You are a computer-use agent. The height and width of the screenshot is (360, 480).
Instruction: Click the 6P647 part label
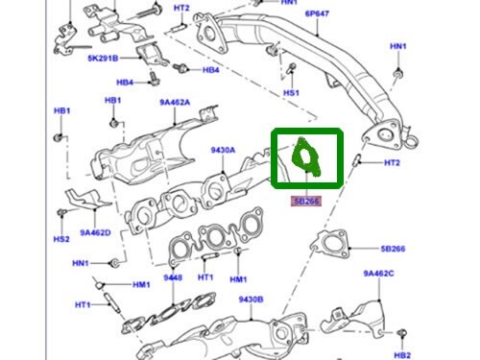(x=291, y=15)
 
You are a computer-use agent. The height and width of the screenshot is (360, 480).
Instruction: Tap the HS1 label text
(x=291, y=93)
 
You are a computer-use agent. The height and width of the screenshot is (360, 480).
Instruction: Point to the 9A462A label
(x=174, y=101)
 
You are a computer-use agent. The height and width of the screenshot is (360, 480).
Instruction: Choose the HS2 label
(x=60, y=238)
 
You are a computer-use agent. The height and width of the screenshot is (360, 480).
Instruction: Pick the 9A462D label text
(x=95, y=231)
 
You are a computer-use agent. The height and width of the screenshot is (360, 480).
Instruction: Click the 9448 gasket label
(x=172, y=278)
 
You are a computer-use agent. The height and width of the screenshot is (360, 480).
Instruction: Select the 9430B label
(x=252, y=300)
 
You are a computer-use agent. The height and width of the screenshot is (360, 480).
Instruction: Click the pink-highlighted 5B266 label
(x=308, y=201)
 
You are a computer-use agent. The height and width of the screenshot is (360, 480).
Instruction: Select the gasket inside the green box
(x=306, y=159)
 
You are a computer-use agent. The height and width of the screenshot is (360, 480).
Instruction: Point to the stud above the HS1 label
(x=289, y=70)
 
